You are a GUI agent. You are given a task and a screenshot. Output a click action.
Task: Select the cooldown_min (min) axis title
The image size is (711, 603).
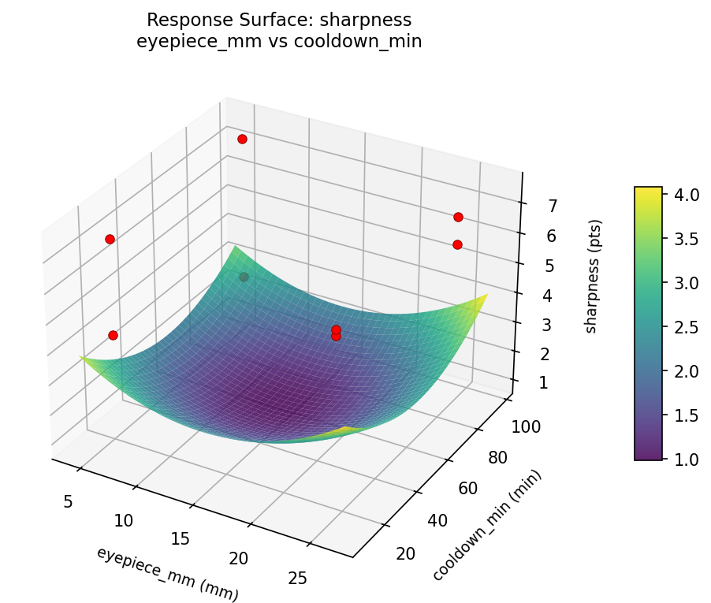click(486, 526)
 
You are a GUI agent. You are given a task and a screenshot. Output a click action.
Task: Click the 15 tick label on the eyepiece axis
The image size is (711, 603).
click(181, 538)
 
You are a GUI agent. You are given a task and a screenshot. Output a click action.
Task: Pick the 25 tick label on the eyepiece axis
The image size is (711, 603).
click(297, 579)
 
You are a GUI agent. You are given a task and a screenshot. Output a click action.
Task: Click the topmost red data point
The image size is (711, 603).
click(242, 139)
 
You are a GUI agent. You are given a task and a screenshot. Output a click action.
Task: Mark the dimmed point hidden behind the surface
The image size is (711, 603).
click(244, 277)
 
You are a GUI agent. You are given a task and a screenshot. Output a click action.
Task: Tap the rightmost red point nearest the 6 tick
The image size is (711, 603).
click(457, 244)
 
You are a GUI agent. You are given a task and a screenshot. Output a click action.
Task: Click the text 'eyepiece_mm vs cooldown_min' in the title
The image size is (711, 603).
click(279, 42)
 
